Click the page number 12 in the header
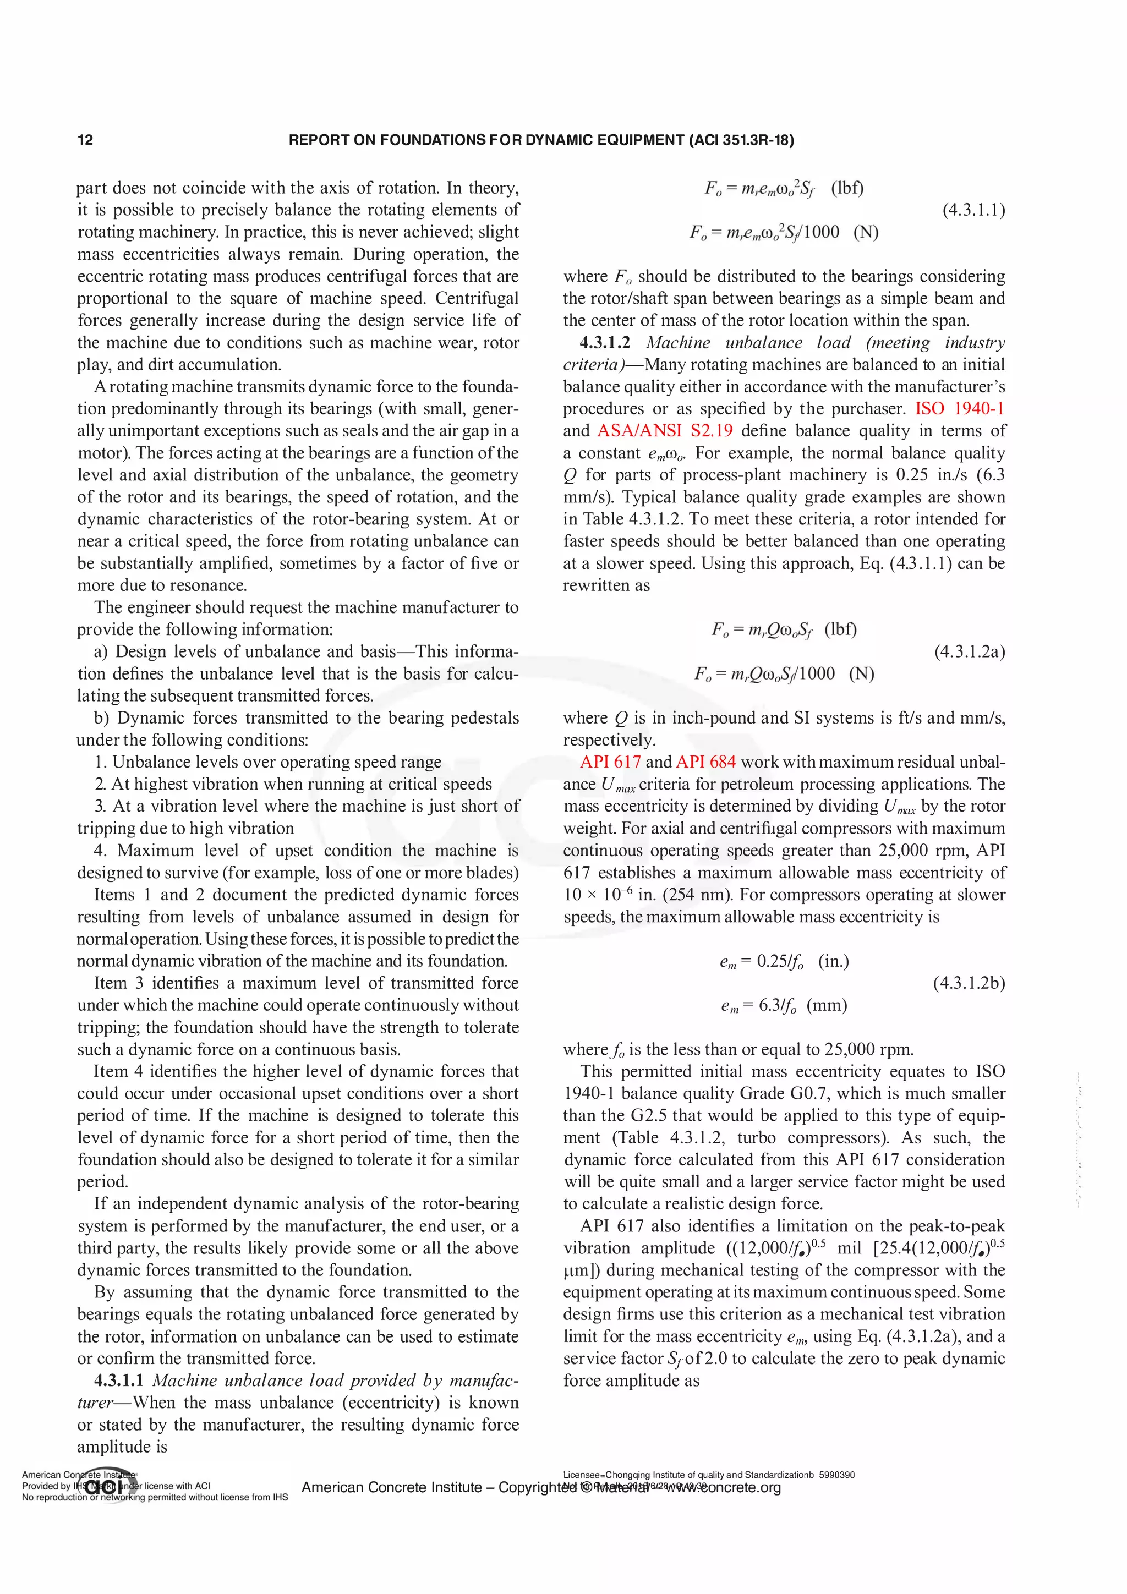(85, 140)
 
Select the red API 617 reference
(610, 762)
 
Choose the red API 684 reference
(705, 762)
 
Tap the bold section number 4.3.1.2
(605, 343)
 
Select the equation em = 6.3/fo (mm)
(783, 1005)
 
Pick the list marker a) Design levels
(101, 652)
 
